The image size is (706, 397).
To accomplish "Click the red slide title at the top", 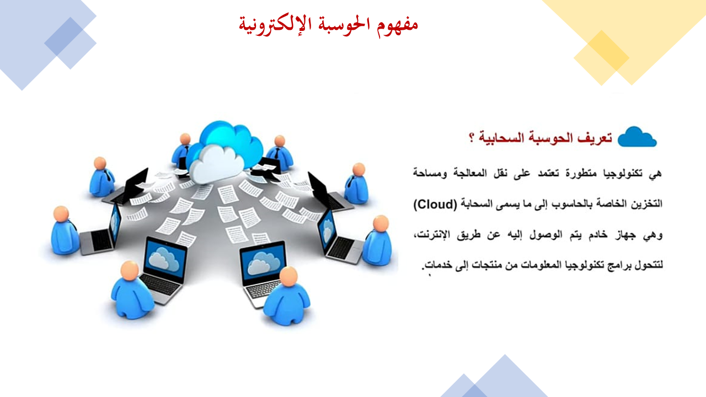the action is pyautogui.click(x=328, y=25).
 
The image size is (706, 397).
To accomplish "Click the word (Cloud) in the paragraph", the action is pyautogui.click(x=435, y=205).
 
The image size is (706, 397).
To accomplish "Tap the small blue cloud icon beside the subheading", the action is pyautogui.click(x=637, y=137).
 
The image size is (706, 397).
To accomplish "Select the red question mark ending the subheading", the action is pyautogui.click(x=472, y=138).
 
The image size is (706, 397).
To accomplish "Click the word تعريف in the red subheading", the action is pyautogui.click(x=595, y=138).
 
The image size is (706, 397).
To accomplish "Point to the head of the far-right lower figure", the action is pyautogui.click(x=381, y=223).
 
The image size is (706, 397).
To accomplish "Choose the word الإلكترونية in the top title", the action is pyautogui.click(x=275, y=25).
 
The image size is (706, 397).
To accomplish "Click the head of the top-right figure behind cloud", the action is pyautogui.click(x=279, y=141).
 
